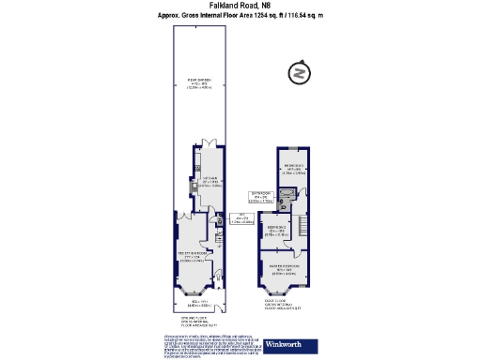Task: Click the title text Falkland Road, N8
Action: tap(240, 6)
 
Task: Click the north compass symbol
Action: tap(299, 73)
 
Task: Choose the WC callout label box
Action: tap(242, 220)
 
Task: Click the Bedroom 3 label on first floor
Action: tap(296, 170)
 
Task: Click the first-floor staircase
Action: tap(302, 225)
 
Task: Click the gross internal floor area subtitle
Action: tap(240, 17)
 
